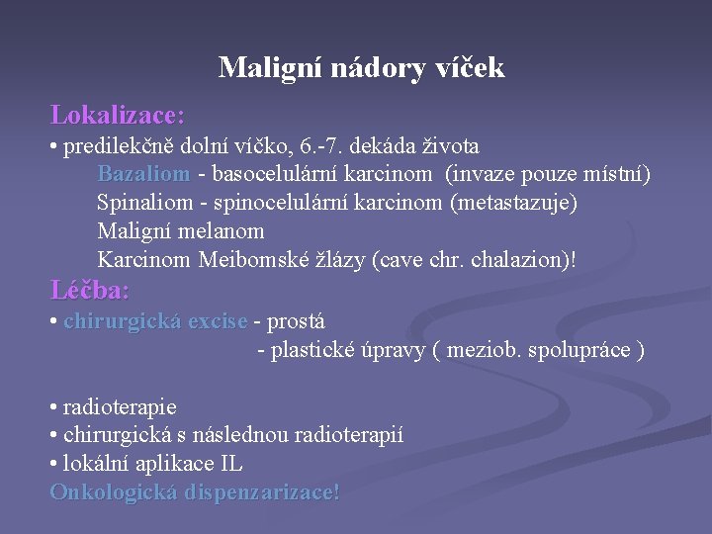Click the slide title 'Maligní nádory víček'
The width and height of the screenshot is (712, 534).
click(x=361, y=67)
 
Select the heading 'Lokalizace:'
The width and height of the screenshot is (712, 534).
click(x=118, y=115)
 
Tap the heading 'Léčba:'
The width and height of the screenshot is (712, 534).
click(x=90, y=291)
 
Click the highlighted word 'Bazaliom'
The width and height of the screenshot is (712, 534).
click(x=143, y=175)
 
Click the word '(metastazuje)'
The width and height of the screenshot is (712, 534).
click(x=513, y=203)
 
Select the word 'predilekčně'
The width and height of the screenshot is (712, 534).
click(x=112, y=147)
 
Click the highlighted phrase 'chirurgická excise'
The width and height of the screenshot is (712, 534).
click(x=155, y=321)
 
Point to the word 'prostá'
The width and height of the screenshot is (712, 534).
click(x=296, y=321)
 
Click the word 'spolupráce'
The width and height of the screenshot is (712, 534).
click(x=584, y=350)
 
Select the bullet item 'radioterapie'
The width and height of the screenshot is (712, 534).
click(x=119, y=406)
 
